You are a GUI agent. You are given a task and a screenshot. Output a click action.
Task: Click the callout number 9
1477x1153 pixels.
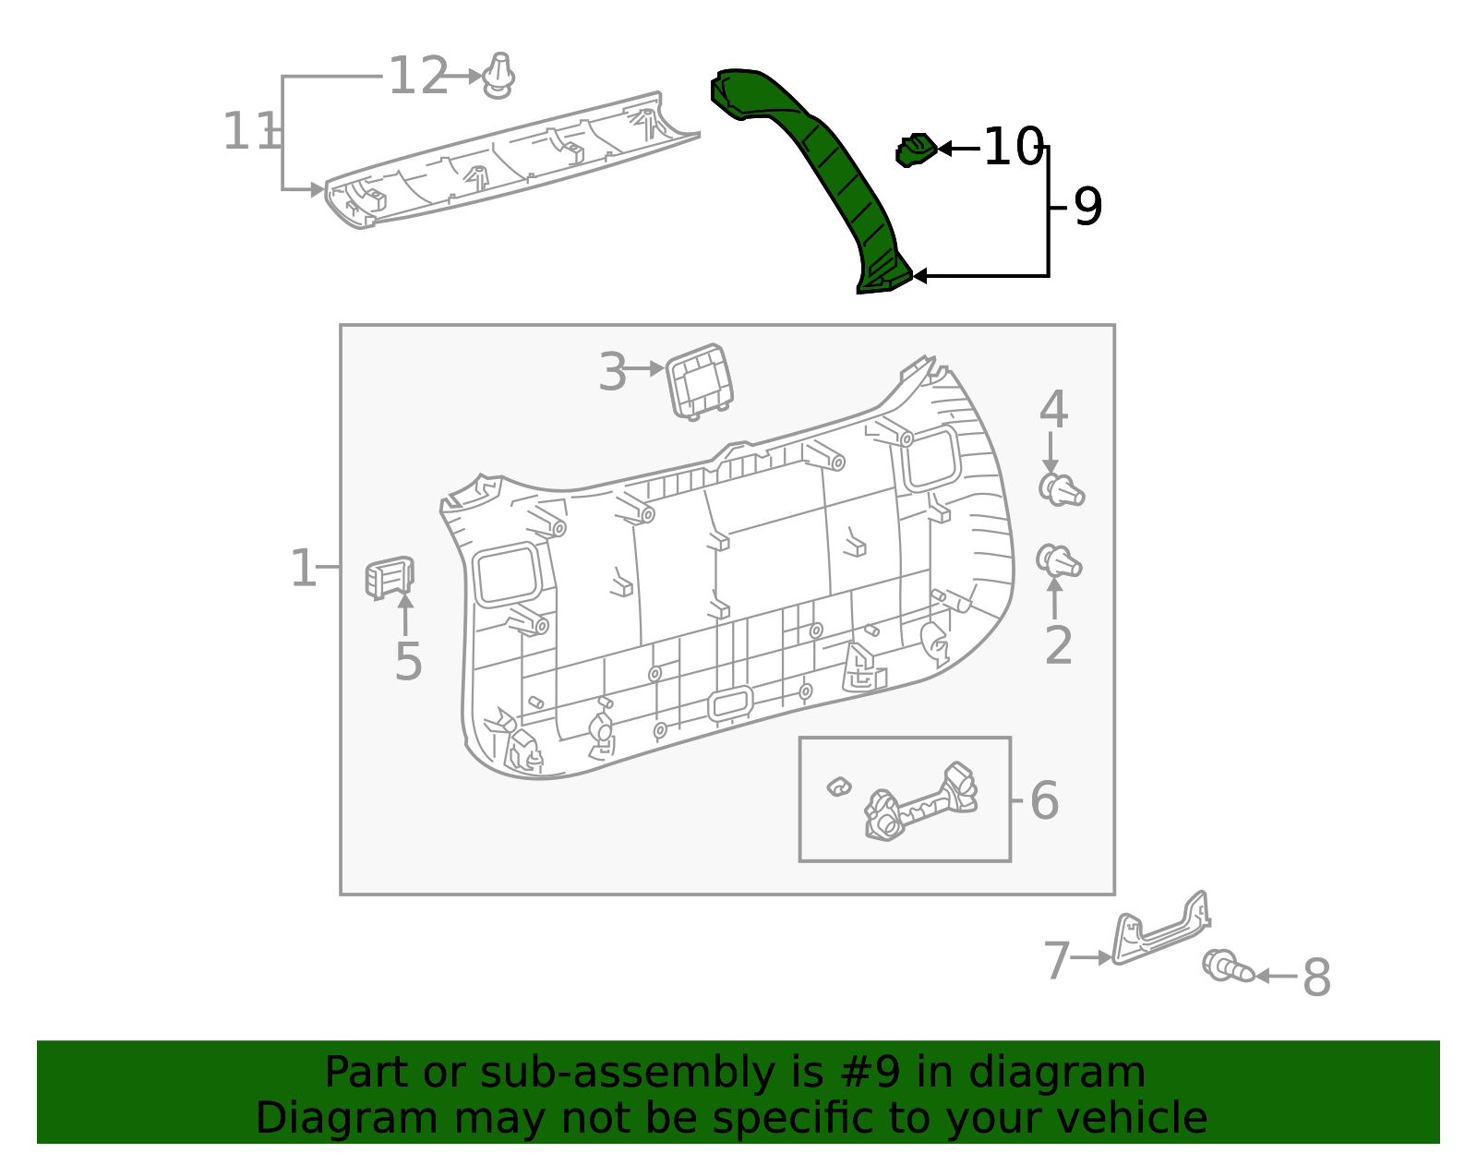click(1087, 207)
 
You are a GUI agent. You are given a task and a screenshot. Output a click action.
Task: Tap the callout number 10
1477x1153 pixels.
click(1012, 148)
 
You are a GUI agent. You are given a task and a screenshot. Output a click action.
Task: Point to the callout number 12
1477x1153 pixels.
click(417, 77)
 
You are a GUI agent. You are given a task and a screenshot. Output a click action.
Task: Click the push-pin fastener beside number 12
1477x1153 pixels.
click(498, 77)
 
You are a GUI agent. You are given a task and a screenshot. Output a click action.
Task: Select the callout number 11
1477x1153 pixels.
click(249, 132)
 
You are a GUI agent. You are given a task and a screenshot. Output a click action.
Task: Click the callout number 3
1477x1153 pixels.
click(612, 372)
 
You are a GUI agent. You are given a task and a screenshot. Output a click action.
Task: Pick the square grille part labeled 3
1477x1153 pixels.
click(699, 380)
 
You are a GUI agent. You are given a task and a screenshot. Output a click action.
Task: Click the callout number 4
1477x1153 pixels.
click(1053, 410)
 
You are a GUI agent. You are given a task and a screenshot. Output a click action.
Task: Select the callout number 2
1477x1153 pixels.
click(1058, 645)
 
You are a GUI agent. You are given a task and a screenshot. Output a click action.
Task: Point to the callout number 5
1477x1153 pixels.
click(407, 662)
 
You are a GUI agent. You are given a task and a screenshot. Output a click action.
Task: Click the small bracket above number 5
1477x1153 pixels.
click(389, 578)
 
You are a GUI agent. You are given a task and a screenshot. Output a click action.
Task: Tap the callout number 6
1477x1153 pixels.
click(1044, 800)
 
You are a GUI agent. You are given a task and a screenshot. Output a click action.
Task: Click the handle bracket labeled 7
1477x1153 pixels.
click(1159, 932)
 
